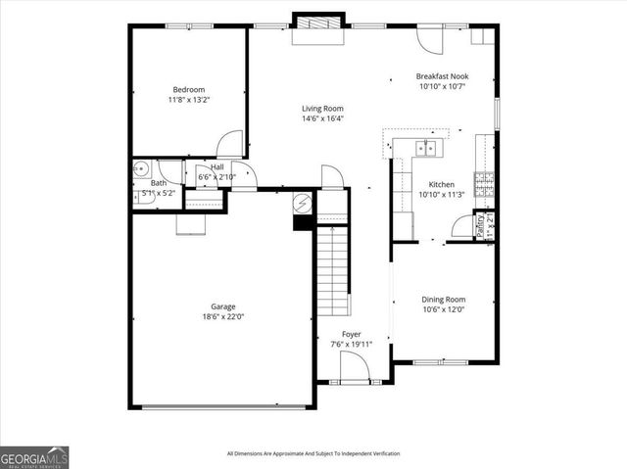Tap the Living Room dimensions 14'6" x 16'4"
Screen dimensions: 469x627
click(322, 118)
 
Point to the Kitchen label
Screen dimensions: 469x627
click(441, 184)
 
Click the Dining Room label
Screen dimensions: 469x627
click(443, 300)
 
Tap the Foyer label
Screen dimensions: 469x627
click(352, 335)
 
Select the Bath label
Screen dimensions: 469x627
click(158, 183)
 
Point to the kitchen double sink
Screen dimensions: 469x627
click(427, 149)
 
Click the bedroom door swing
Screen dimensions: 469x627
click(230, 143)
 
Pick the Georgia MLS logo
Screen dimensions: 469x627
click(34, 457)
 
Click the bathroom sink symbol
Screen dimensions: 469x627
click(139, 168)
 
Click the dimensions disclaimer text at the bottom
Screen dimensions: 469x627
click(313, 453)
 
